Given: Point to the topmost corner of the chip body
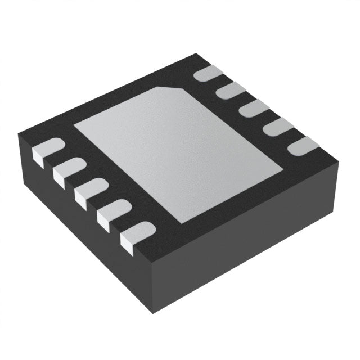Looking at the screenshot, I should tap(195, 54).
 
